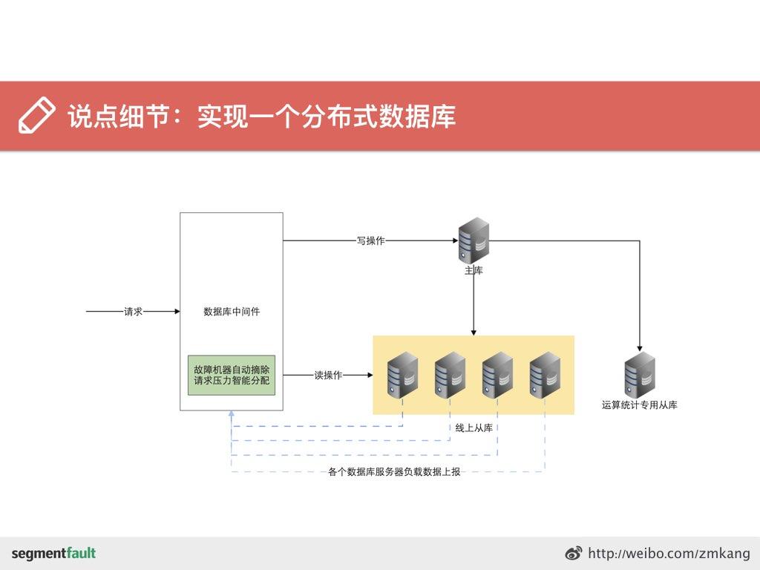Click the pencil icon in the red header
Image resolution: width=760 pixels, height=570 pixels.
pos(36,116)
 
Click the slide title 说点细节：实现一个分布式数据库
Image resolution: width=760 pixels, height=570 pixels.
pos(261,117)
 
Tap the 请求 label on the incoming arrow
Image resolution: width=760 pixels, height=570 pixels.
pos(134,312)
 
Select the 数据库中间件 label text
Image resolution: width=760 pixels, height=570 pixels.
pos(232,312)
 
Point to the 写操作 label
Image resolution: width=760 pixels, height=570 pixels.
pos(370,240)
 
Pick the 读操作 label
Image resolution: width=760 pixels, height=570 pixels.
pos(328,376)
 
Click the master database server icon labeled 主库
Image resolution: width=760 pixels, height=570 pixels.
pos(474,239)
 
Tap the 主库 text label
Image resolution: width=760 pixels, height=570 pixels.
pos(474,271)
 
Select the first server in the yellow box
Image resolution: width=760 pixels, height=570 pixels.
pos(402,375)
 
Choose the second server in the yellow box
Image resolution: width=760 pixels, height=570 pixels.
pos(450,375)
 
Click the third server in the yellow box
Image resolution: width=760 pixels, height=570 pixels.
pos(497,375)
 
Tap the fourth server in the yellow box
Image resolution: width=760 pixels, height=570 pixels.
pos(545,375)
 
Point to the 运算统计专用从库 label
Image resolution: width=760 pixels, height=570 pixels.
pos(639,405)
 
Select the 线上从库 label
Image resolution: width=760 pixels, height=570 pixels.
pos(474,428)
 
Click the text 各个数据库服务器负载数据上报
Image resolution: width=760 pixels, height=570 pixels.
pos(394,471)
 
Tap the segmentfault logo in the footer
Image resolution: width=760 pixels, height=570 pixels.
pos(53,554)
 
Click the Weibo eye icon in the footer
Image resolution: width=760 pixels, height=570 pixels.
pos(574,554)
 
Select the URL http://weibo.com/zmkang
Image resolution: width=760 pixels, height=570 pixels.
pos(669,554)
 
